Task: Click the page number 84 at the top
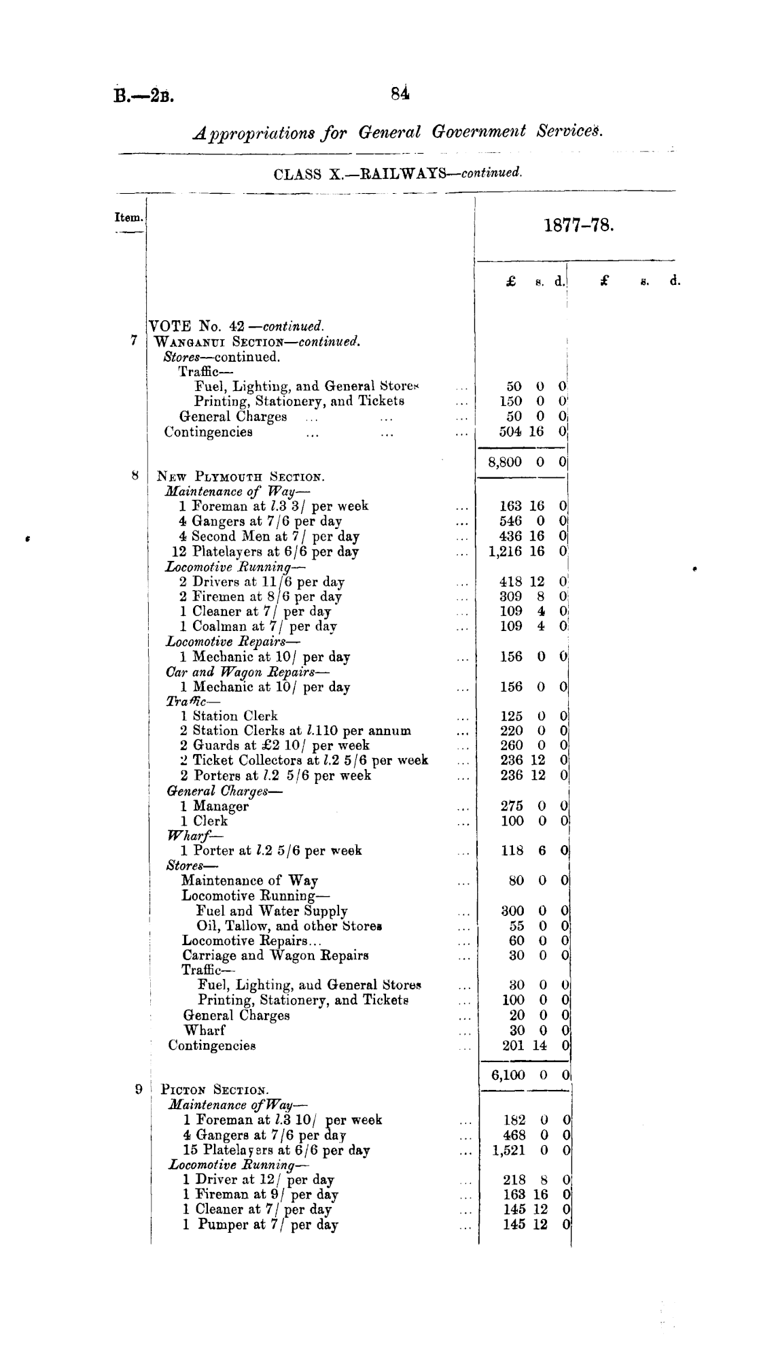click(x=400, y=93)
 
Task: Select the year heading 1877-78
click(x=579, y=225)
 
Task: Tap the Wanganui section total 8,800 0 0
click(x=527, y=462)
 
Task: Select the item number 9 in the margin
click(x=138, y=1089)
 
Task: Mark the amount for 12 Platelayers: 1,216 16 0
click(x=527, y=551)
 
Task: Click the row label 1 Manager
click(x=215, y=806)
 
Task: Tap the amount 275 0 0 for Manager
click(x=533, y=806)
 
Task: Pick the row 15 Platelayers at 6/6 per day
click(x=277, y=1150)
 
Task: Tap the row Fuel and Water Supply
click(x=272, y=911)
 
